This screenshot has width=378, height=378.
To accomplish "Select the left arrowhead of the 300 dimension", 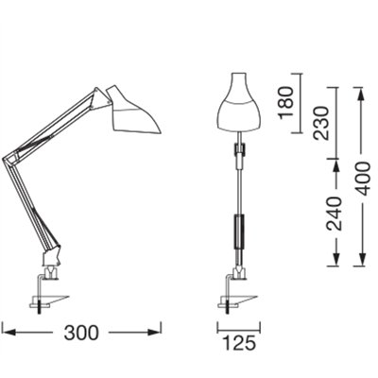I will [x=5, y=333].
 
